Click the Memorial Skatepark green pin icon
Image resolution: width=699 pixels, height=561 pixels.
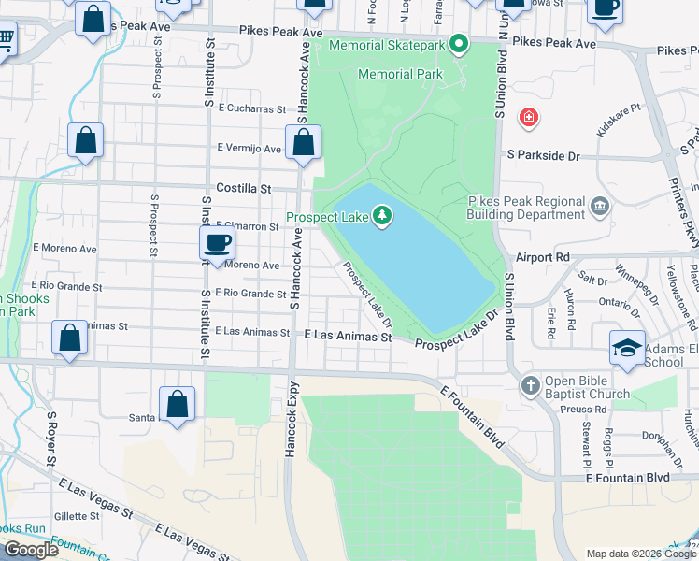pos(459,43)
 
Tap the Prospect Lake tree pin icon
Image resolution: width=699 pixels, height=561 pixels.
pos(382,217)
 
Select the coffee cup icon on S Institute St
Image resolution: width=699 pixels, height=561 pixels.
pos(218,243)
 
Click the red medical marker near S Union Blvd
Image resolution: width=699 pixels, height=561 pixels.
pos(529,118)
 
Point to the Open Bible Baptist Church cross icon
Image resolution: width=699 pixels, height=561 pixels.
pos(530,385)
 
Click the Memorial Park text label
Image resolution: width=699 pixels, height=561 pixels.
pos(401,74)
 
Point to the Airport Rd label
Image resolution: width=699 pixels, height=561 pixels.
pos(543,256)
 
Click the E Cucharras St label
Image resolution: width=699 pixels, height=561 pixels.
pos(250,108)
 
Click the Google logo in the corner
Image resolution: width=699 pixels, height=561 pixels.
pos(31,551)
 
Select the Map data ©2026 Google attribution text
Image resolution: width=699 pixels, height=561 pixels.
pos(639,554)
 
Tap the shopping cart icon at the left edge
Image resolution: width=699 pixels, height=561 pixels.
pos(5,41)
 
